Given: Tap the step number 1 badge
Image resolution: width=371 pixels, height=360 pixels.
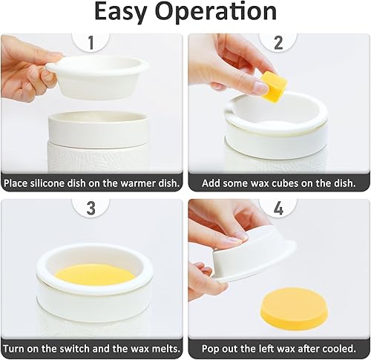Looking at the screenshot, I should click(x=91, y=44).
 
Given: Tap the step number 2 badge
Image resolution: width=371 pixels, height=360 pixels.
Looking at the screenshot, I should click(x=278, y=44).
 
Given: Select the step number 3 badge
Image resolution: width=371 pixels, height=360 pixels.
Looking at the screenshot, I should click(x=91, y=209).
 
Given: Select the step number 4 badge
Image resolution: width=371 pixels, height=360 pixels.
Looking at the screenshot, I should click(x=278, y=209).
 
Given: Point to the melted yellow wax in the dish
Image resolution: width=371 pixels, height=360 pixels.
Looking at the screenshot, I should click(x=95, y=274).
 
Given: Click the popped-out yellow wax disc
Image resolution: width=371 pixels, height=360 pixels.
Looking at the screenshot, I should click(x=294, y=310).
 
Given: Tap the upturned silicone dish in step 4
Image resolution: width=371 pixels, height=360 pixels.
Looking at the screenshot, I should click(x=252, y=259).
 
